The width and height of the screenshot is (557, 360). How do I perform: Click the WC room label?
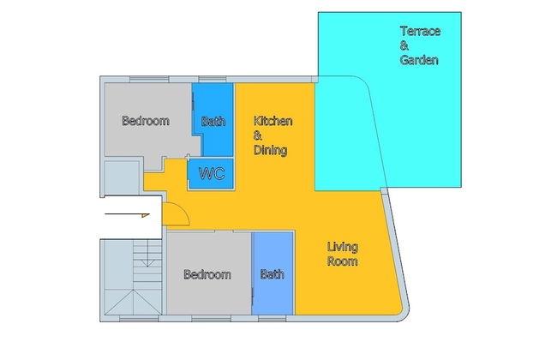(x=212, y=173)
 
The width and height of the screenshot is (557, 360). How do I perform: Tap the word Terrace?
(x=420, y=31)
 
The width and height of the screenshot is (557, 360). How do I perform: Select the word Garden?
(x=419, y=60)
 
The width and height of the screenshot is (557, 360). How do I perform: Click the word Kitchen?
(x=273, y=121)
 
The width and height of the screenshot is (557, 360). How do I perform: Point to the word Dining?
(x=270, y=150)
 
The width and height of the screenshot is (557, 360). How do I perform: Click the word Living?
(x=343, y=247)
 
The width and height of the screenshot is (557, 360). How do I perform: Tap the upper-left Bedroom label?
(x=146, y=121)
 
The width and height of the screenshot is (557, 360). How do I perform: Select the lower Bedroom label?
(x=207, y=274)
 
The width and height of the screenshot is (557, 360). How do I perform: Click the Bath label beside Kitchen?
(x=213, y=122)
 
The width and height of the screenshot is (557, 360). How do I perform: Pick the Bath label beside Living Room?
(x=273, y=274)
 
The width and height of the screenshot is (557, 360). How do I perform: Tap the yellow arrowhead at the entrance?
(x=146, y=215)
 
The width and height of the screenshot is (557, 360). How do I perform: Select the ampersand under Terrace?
(x=404, y=45)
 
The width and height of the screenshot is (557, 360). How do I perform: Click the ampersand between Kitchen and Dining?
(x=258, y=135)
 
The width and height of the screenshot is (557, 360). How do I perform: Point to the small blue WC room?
(x=211, y=173)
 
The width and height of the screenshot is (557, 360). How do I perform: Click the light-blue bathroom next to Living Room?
(x=273, y=273)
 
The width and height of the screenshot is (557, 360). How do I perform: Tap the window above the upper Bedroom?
(x=149, y=79)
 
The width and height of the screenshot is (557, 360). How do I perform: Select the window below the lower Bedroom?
(x=212, y=318)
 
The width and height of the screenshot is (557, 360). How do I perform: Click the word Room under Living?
(x=343, y=261)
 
